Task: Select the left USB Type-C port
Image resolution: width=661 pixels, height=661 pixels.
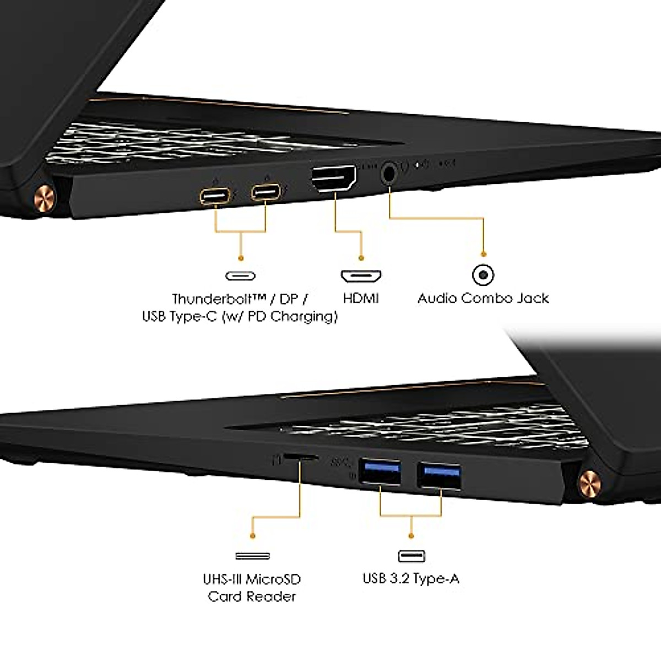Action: coord(215,196)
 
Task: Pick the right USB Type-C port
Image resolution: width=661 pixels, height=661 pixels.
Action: coord(266,193)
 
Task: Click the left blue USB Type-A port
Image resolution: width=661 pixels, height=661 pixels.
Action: coord(380,473)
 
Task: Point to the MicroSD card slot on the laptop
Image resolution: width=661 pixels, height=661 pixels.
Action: coord(300,457)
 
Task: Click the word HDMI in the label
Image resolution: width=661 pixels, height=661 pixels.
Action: coord(361,299)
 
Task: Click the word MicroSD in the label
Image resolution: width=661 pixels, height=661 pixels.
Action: coord(273,579)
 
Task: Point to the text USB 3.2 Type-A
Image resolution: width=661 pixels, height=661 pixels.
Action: coord(411,578)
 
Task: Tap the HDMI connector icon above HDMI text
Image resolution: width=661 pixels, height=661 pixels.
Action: coord(361,275)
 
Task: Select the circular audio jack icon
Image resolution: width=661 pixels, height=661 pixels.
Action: coord(484,274)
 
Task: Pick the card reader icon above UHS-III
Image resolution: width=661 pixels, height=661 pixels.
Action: coord(252,556)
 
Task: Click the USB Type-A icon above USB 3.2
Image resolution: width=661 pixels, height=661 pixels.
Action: coord(412,556)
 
